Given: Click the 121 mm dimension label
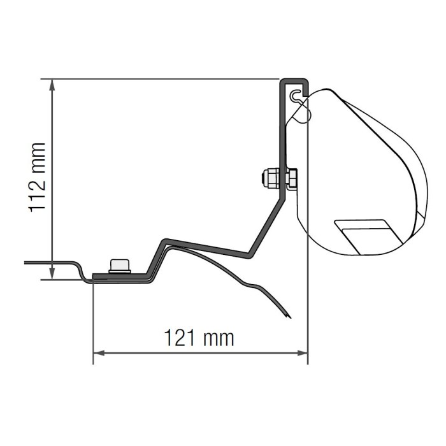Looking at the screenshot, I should click(x=199, y=338).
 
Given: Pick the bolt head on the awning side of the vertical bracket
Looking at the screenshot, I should click(x=292, y=178).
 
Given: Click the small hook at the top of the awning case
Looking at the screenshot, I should click(x=296, y=97).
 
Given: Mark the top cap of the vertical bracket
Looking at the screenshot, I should click(x=294, y=81).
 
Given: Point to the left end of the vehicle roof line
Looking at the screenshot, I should click(x=27, y=262).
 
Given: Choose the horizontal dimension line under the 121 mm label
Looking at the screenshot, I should click(x=159, y=353).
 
